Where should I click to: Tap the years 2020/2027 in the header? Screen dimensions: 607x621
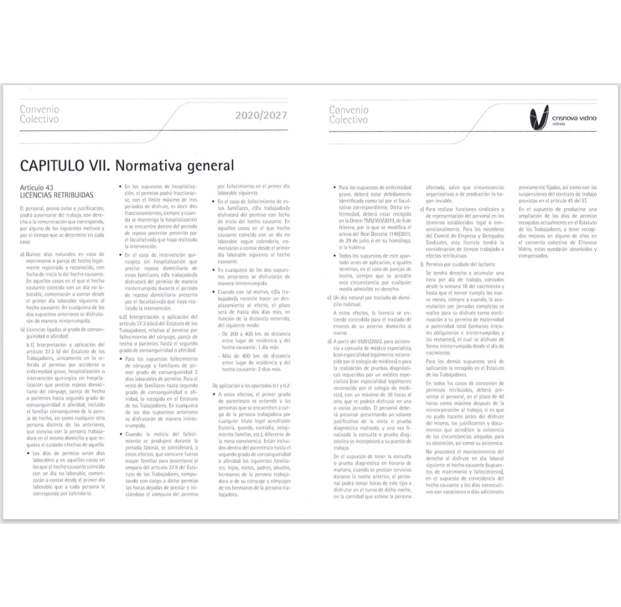pos(260,116)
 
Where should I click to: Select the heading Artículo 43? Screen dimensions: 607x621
pos(37,187)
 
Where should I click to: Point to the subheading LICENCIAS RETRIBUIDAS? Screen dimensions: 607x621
pos(56,195)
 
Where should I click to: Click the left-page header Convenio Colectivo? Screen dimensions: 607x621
pos(39,114)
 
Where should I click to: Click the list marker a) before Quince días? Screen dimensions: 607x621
pos(22,254)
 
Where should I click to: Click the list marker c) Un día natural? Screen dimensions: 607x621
pos(328,297)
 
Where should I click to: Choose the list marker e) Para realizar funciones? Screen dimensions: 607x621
pos(423,209)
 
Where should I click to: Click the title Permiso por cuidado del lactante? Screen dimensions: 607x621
pos(459,263)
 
